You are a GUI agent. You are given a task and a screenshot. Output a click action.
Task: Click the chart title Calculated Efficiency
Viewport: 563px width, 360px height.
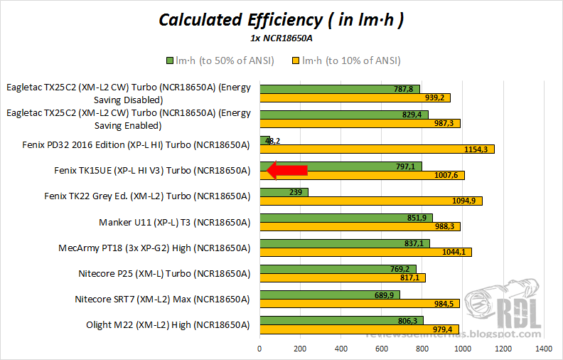pyautogui.click(x=281, y=19)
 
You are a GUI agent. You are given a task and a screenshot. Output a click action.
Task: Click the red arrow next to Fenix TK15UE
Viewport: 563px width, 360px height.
pyautogui.click(x=286, y=170)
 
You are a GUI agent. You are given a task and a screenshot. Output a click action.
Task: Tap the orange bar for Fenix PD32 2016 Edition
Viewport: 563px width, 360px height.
pyautogui.click(x=377, y=149)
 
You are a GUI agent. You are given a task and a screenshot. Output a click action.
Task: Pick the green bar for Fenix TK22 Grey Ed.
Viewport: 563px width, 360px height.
pyautogui.click(x=284, y=191)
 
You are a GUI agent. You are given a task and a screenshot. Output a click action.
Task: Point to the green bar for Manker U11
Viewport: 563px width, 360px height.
pyautogui.click(x=346, y=218)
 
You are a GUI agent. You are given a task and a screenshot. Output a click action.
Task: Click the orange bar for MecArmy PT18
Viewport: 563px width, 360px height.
pyautogui.click(x=365, y=252)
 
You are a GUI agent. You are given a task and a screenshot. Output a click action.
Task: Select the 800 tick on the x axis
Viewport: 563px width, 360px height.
pyautogui.click(x=423, y=349)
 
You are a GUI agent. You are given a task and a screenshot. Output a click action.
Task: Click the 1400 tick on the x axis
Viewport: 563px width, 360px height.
pyautogui.click(x=544, y=349)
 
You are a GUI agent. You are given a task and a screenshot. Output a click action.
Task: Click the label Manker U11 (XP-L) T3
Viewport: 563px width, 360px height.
pyautogui.click(x=174, y=222)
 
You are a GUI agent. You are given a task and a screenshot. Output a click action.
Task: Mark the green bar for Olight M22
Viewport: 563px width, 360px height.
pyautogui.click(x=341, y=320)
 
